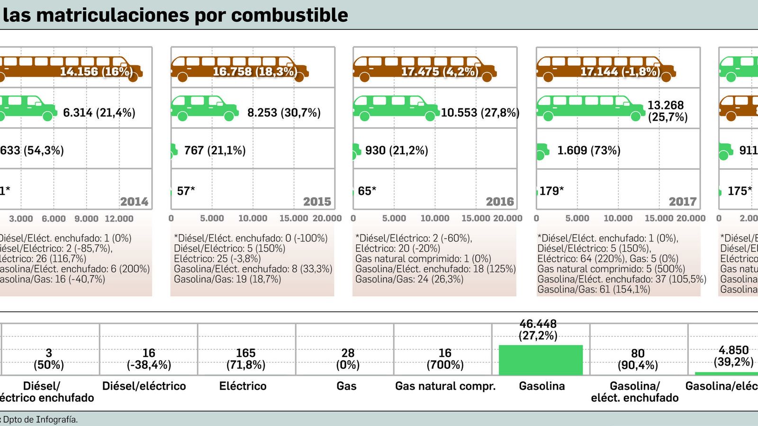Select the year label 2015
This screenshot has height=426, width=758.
(x=317, y=202)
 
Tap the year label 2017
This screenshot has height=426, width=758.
(x=683, y=202)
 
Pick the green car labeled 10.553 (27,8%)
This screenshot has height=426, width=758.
(x=396, y=108)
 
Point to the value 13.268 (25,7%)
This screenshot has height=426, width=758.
(x=667, y=111)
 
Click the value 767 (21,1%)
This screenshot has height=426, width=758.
(x=215, y=151)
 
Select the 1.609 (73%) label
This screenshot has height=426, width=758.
(x=588, y=151)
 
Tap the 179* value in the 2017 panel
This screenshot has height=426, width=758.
(x=551, y=191)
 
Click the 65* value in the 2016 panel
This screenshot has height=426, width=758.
(x=367, y=191)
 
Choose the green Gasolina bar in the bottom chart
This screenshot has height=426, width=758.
(x=541, y=360)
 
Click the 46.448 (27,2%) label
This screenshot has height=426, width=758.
(x=538, y=330)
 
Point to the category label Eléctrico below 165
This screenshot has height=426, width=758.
(x=243, y=386)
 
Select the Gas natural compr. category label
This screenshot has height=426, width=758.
(x=445, y=386)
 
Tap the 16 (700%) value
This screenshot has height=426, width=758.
(x=444, y=359)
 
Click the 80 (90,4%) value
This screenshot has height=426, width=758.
(x=638, y=359)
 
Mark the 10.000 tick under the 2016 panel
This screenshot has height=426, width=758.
(x=434, y=218)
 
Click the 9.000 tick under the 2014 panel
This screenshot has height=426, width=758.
(x=86, y=219)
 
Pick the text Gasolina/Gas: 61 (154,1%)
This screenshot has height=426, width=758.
(x=593, y=289)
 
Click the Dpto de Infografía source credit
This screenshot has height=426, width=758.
(x=40, y=419)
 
